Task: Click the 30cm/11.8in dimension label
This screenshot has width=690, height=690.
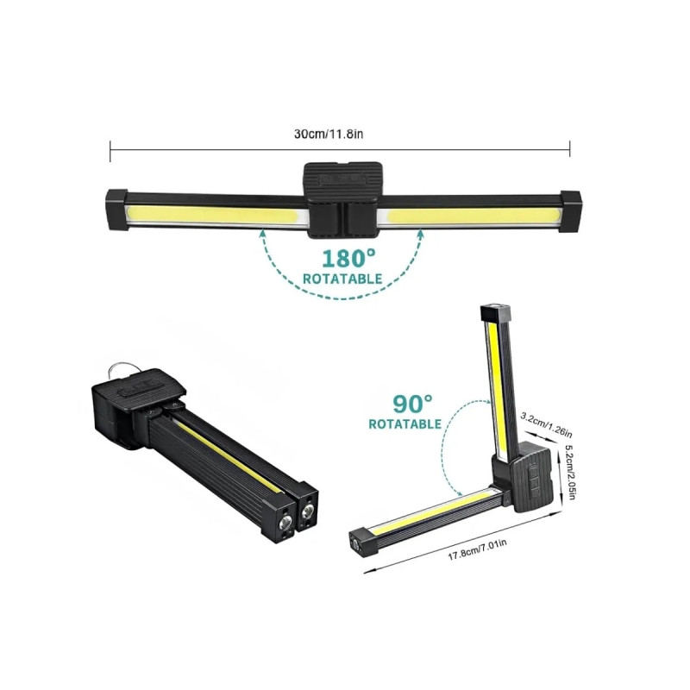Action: (329, 134)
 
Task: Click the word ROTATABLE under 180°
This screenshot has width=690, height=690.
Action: (342, 279)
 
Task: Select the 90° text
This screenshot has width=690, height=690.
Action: (412, 404)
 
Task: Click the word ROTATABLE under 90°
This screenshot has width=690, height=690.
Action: (405, 423)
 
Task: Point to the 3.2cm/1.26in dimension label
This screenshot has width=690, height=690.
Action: (546, 425)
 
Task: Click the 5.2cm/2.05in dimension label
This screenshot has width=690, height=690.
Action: (569, 472)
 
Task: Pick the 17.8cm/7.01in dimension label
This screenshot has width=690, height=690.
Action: (477, 549)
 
